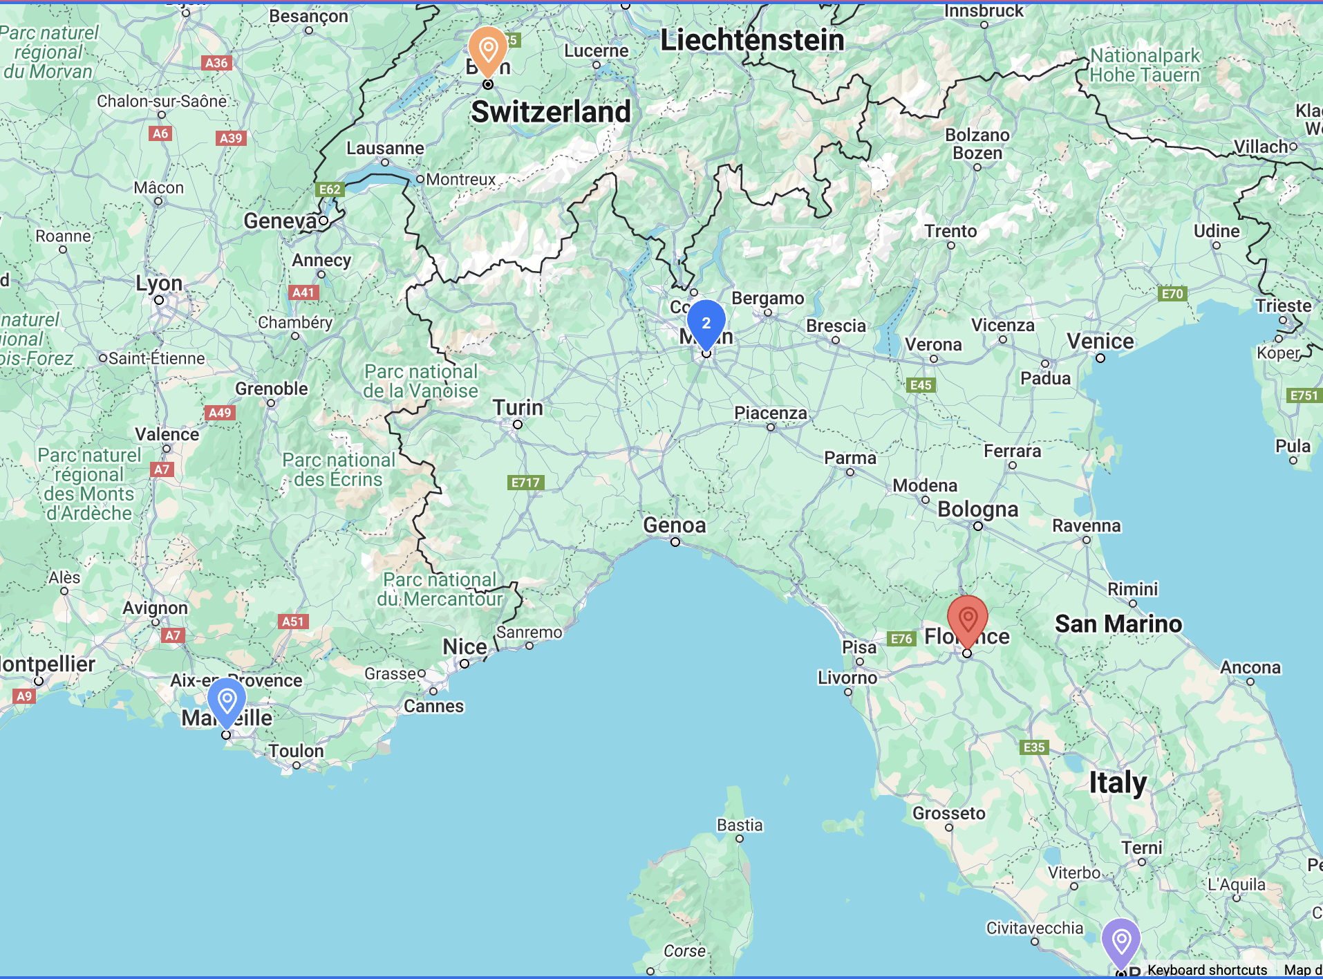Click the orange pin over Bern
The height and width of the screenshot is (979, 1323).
(488, 49)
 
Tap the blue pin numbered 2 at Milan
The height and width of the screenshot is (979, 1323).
(706, 323)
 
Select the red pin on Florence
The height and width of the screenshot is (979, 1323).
(967, 617)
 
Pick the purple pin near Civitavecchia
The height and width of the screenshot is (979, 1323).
(1120, 940)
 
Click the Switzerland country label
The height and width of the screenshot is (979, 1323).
(551, 112)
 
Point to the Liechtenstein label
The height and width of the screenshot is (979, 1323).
(752, 40)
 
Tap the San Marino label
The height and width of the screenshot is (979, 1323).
(1118, 624)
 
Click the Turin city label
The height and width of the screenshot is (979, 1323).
(518, 408)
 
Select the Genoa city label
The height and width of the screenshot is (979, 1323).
(675, 525)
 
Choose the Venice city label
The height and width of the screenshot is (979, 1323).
(1100, 342)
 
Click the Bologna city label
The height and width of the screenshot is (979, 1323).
(977, 510)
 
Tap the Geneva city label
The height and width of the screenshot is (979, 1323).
(280, 221)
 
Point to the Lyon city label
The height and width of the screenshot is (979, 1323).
(159, 283)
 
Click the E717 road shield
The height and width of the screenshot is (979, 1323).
(525, 483)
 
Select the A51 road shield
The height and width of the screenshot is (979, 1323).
(292, 622)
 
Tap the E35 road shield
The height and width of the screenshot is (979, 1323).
(1034, 747)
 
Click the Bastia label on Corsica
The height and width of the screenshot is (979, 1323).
(740, 825)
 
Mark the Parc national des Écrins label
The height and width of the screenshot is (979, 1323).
(338, 470)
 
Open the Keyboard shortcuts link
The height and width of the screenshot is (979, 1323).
(1207, 970)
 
